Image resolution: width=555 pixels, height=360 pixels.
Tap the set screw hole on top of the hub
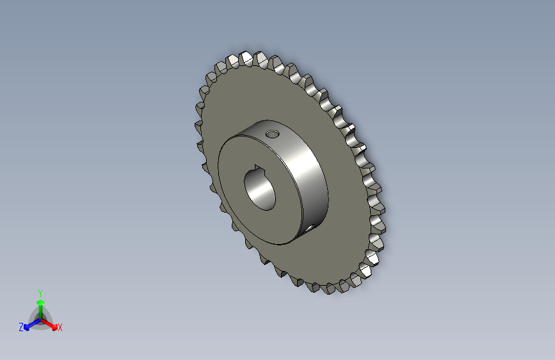pyautogui.click(x=273, y=135)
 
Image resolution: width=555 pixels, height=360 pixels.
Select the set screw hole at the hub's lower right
pyautogui.click(x=309, y=227)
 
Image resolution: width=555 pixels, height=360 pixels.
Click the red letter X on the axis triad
pyautogui.click(x=60, y=328)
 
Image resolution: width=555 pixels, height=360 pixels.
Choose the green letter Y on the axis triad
pyautogui.click(x=40, y=291)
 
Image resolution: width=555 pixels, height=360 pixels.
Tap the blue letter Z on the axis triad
pyautogui.click(x=21, y=327)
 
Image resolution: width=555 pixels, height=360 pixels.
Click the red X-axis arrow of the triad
pyautogui.click(x=51, y=323)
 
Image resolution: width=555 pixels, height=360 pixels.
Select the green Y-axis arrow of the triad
pyautogui.click(x=40, y=304)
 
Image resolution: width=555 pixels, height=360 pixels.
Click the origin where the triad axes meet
pyautogui.click(x=40, y=318)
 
